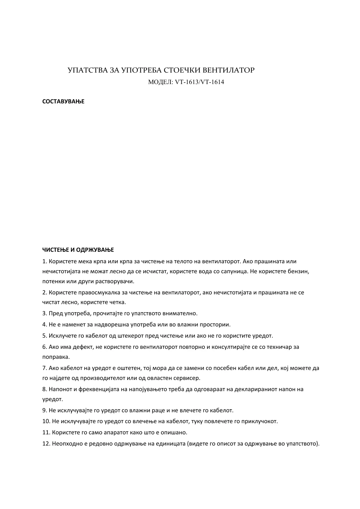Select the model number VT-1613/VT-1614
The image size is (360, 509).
199,82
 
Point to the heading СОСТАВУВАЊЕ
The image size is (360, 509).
63,102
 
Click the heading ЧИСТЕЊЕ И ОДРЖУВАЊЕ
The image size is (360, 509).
78,250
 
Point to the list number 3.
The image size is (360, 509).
44,313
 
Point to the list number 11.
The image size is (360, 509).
46,432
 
